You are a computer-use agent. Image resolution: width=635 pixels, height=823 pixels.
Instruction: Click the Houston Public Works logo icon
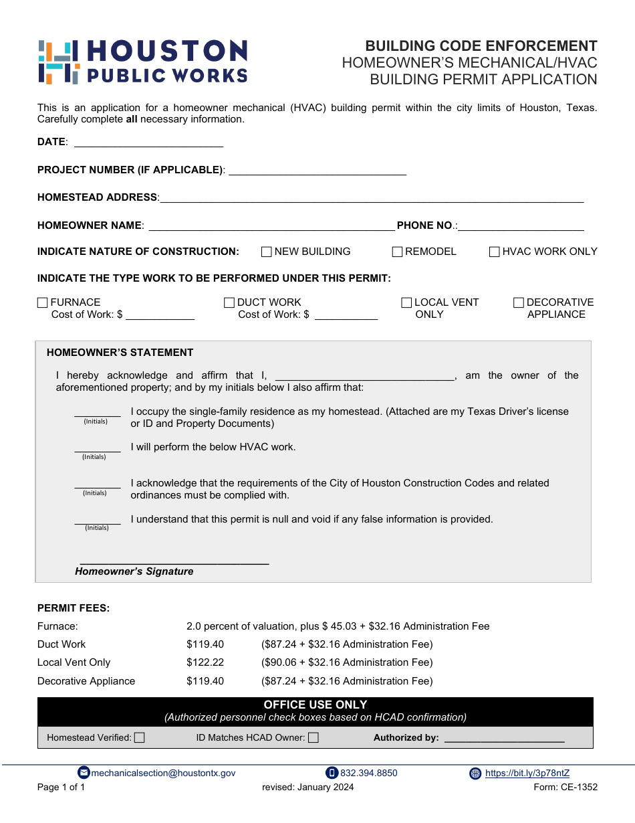click(59, 62)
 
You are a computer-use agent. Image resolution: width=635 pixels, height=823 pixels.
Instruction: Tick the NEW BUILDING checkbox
click(266, 252)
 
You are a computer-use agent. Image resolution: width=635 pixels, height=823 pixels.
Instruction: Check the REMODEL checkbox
click(397, 252)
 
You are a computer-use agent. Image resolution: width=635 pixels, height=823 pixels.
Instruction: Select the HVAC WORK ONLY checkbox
click(495, 252)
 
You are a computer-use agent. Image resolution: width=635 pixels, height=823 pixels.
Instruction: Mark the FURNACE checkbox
click(43, 303)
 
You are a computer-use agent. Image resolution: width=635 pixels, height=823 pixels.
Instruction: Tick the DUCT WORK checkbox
click(229, 303)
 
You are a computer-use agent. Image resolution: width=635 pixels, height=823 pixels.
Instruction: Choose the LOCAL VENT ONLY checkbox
click(406, 303)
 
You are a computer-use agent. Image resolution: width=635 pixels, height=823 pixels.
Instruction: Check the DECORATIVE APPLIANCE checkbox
click(519, 303)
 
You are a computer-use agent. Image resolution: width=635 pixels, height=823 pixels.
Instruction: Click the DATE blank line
click(148, 142)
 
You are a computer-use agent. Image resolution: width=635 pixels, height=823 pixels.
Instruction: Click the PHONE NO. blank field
click(521, 226)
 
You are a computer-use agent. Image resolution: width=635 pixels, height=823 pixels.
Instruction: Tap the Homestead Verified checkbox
click(140, 738)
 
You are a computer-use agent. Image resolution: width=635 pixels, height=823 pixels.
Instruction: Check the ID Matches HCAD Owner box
click(313, 738)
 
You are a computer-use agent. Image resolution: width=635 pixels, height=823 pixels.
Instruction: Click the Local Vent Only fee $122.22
click(205, 662)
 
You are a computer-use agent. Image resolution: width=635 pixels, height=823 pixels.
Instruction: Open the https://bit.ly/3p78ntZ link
click(527, 773)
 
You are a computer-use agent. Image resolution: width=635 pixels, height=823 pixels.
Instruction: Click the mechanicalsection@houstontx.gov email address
click(163, 773)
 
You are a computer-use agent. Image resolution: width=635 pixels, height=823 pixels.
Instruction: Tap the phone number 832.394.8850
click(368, 773)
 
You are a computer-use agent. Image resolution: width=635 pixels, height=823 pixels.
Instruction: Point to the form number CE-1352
click(565, 788)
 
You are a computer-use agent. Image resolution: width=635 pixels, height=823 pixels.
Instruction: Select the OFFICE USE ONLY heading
click(315, 705)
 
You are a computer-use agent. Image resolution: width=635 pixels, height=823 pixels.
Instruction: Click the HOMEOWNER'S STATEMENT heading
click(120, 353)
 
